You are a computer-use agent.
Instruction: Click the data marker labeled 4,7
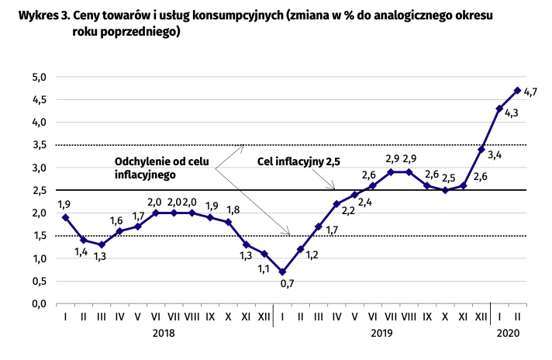point(517,90)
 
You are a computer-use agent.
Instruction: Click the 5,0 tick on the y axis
point(40,77)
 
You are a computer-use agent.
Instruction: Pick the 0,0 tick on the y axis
point(40,303)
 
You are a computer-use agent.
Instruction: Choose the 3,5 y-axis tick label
point(40,145)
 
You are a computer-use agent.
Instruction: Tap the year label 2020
point(505,332)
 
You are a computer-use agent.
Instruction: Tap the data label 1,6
point(116,220)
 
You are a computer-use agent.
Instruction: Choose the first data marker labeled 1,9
point(65,217)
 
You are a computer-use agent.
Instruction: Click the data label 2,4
point(364,202)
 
